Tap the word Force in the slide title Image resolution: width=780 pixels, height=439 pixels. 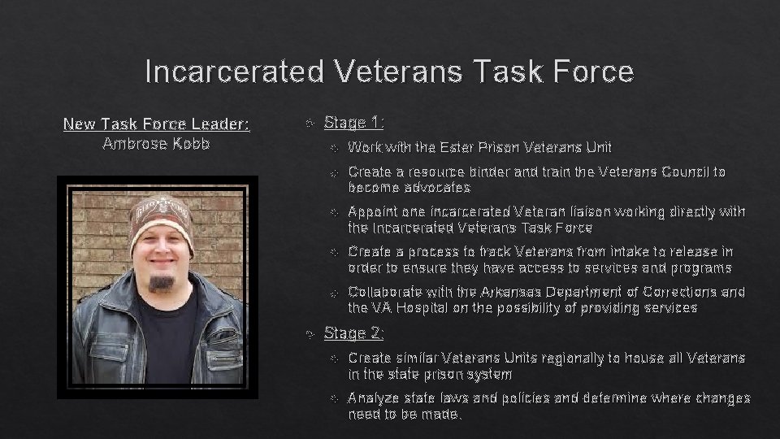[x=591, y=72]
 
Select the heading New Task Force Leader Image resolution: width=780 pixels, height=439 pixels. [x=157, y=124]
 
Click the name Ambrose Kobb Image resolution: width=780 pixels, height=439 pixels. [x=157, y=144]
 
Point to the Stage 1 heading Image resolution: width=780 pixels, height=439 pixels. [x=354, y=123]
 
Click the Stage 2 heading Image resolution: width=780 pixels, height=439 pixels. [x=354, y=333]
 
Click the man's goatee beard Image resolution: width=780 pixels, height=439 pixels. [x=162, y=283]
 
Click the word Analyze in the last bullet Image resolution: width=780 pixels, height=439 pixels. [x=375, y=398]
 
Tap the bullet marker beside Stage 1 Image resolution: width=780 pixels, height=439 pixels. [x=310, y=124]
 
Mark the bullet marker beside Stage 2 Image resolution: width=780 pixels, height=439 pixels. [x=310, y=333]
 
